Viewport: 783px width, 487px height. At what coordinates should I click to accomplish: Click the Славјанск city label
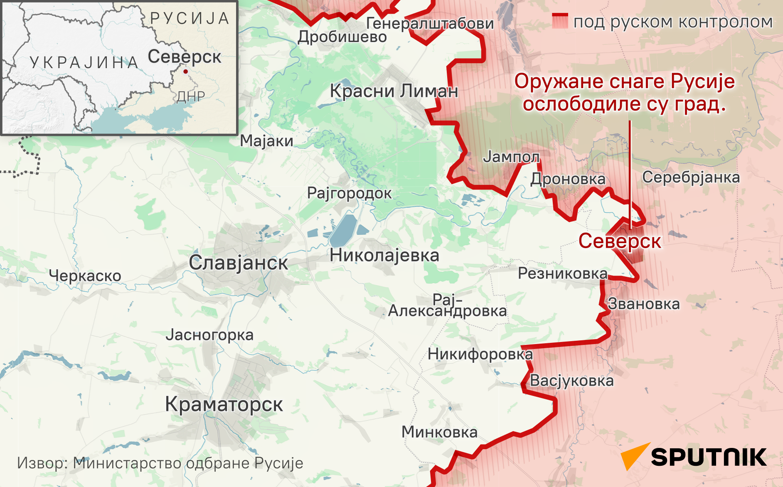point(238,263)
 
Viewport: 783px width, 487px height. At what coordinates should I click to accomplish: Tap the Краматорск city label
point(224,404)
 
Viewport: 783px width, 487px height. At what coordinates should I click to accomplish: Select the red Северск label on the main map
point(620,241)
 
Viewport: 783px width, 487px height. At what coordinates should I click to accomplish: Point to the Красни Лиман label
point(394,91)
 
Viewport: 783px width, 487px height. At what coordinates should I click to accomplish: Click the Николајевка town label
point(384,256)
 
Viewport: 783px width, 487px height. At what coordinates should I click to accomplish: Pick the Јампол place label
point(511,157)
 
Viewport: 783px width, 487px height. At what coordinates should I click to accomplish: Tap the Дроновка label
point(568,179)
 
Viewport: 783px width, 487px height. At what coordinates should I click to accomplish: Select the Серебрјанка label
point(691,177)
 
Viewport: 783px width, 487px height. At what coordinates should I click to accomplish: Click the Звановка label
point(644,304)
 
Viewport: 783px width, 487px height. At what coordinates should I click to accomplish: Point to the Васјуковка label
point(571,381)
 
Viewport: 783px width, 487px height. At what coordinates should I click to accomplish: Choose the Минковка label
point(439,432)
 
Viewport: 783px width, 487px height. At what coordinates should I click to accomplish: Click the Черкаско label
point(85,275)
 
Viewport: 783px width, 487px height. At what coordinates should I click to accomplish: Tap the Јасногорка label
point(209,335)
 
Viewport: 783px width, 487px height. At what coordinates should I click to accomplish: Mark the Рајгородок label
point(349,193)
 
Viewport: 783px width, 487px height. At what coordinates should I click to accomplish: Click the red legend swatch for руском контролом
point(560,21)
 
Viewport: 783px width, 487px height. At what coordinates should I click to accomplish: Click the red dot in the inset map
point(185,71)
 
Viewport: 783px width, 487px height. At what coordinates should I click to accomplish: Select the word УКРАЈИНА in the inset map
point(84,63)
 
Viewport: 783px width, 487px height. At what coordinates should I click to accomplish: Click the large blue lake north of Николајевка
point(344,231)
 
